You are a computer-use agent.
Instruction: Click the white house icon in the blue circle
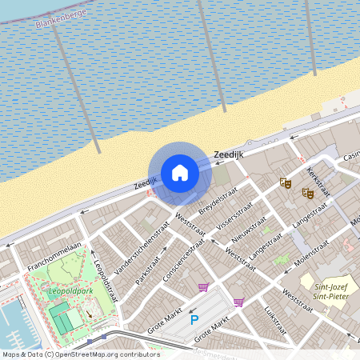point(180,172)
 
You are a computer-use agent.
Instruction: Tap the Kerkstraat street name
point(317,182)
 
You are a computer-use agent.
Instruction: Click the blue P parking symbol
point(194,319)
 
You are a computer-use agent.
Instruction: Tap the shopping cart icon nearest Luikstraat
point(238,302)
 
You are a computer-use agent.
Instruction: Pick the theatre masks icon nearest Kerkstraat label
point(306,192)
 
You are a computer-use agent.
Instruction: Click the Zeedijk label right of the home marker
point(228,154)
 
